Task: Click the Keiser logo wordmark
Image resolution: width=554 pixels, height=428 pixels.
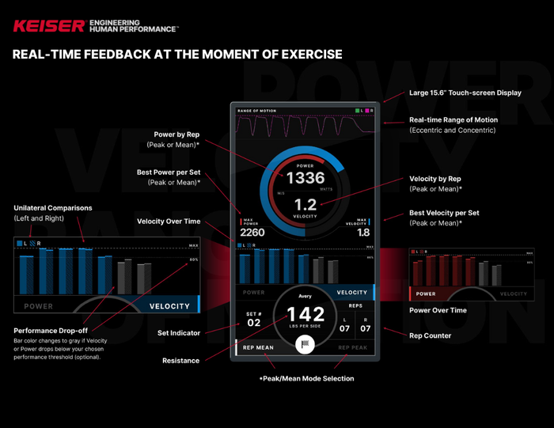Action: click(x=48, y=26)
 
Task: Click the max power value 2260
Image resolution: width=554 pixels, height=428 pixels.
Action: click(x=252, y=233)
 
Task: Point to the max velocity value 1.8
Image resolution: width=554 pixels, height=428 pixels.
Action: click(x=362, y=233)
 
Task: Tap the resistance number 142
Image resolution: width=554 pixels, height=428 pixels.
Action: click(x=305, y=314)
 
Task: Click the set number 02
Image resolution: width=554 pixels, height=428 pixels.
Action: click(x=253, y=323)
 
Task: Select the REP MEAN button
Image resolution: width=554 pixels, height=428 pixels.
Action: click(x=258, y=347)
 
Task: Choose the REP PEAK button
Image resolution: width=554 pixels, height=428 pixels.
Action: click(x=353, y=347)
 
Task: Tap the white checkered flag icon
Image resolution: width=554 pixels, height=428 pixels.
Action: click(x=305, y=344)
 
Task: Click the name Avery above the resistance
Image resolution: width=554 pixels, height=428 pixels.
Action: click(x=305, y=297)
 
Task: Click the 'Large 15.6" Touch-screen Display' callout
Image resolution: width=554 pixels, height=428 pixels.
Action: click(x=465, y=93)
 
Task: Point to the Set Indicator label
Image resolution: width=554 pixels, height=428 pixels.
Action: click(x=178, y=333)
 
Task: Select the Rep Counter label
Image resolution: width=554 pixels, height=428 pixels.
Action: click(x=430, y=335)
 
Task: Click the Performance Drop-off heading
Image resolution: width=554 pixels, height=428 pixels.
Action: click(x=50, y=330)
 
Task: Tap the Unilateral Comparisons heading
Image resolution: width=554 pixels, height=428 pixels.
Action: click(x=52, y=208)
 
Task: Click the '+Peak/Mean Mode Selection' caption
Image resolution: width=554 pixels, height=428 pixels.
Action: click(x=306, y=378)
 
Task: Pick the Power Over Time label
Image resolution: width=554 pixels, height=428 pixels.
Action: click(x=437, y=310)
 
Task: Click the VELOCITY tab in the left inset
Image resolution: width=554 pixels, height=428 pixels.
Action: click(x=169, y=306)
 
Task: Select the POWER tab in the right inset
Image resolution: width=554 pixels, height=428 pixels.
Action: click(x=426, y=294)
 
